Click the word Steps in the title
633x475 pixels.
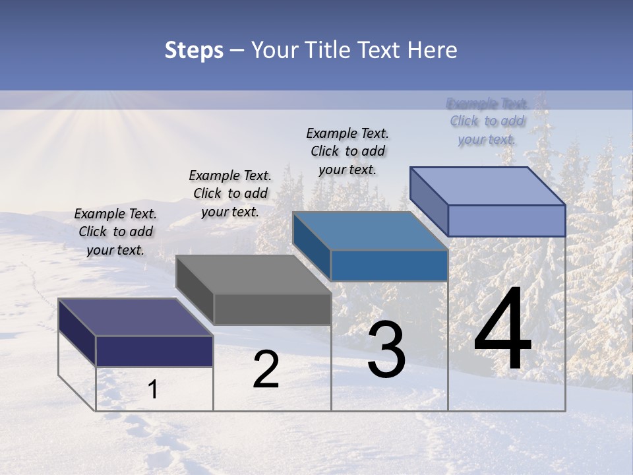click(x=194, y=50)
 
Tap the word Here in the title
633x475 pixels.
click(x=433, y=50)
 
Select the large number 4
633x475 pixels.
click(x=502, y=330)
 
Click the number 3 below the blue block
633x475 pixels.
click(x=386, y=350)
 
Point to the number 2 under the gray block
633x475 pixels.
click(x=266, y=369)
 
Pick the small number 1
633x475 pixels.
click(x=153, y=390)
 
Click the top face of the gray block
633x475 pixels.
click(x=253, y=274)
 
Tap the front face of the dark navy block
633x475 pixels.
click(x=154, y=351)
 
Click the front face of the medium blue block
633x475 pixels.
click(x=389, y=265)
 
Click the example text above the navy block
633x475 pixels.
click(x=115, y=232)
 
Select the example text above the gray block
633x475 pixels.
click(x=230, y=193)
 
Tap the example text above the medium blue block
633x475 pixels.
click(x=347, y=151)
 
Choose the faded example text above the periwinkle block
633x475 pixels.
click(x=487, y=121)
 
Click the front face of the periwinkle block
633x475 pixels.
click(x=506, y=220)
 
